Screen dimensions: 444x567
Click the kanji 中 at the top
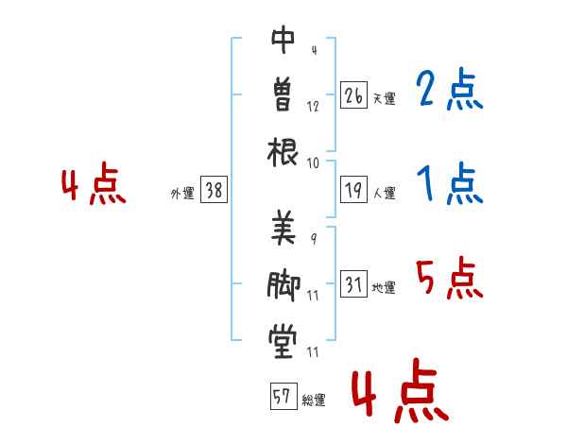click(283, 41)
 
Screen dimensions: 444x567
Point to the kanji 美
click(283, 227)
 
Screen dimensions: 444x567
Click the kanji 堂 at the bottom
click(283, 341)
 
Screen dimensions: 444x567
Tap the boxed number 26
click(353, 95)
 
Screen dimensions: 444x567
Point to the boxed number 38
click(214, 191)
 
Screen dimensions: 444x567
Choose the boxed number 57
click(281, 398)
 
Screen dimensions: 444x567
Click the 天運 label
click(384, 98)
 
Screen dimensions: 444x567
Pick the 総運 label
click(314, 401)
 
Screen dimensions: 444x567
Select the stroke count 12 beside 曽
click(313, 106)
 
